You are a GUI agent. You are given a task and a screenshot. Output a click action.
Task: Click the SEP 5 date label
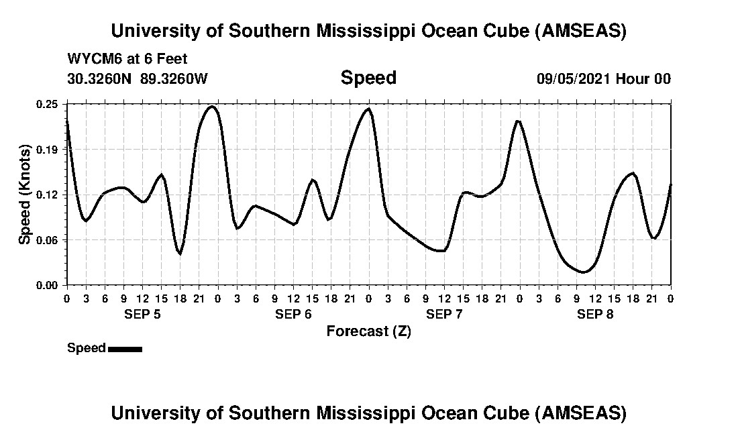point(142,314)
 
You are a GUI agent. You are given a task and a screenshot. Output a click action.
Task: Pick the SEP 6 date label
point(293,314)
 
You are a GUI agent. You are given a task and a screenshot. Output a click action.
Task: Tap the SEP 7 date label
point(444,314)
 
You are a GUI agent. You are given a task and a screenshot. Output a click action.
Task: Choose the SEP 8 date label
point(595,314)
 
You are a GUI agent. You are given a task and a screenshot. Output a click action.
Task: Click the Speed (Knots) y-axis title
point(25,194)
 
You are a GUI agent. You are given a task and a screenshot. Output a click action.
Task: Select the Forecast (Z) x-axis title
point(368,331)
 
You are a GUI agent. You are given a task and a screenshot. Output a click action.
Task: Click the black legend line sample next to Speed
point(125,348)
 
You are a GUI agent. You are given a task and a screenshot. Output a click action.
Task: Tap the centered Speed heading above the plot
point(368,78)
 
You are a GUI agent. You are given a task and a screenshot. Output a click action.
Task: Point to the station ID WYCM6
point(91,58)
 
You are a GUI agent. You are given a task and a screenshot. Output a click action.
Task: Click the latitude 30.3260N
point(100,78)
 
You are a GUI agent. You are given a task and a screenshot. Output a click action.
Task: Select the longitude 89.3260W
point(174,78)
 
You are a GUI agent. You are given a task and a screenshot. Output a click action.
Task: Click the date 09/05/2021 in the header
point(574,78)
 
